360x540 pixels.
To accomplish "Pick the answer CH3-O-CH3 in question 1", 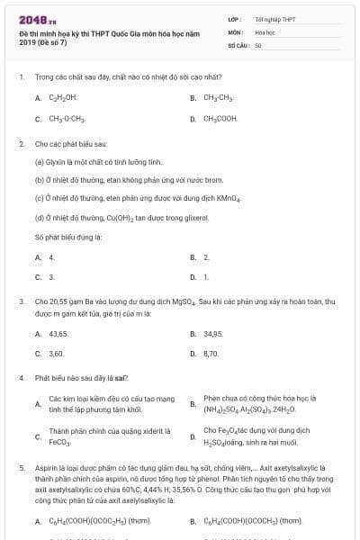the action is click(x=66, y=118).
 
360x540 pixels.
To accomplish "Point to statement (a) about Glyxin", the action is click(x=98, y=162).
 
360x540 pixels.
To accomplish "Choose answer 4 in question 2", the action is click(x=51, y=257).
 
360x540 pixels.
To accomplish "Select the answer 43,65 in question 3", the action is click(x=58, y=334).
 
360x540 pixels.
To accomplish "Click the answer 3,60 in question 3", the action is click(x=56, y=354).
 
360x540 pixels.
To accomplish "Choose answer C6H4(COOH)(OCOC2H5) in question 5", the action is click(x=101, y=521).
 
